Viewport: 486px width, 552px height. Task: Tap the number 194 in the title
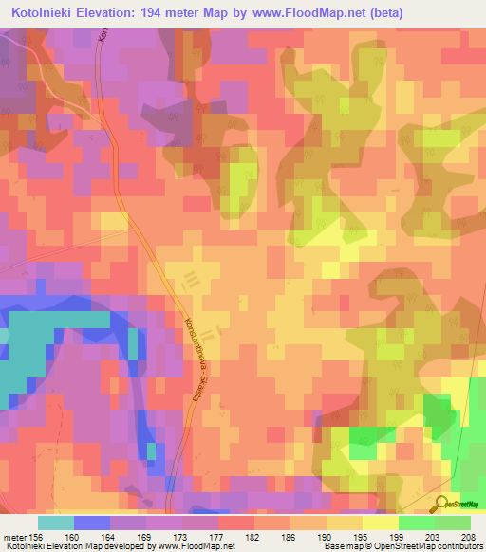tap(170, 13)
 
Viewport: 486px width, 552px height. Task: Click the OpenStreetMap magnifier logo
tap(442, 504)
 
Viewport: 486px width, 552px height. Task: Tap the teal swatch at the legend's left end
tap(55, 523)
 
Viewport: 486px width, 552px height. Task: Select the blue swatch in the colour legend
tap(91, 523)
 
